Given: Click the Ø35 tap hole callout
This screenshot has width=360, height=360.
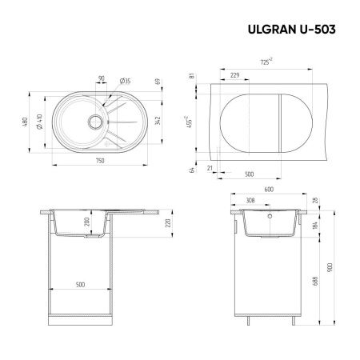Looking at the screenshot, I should pos(126,80).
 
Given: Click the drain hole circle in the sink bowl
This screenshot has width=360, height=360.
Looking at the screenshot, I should pos(94,122).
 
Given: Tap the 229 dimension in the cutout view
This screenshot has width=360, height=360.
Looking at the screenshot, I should pos(234,74).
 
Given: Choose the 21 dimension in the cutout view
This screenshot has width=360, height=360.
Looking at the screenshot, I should pos(210,167).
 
